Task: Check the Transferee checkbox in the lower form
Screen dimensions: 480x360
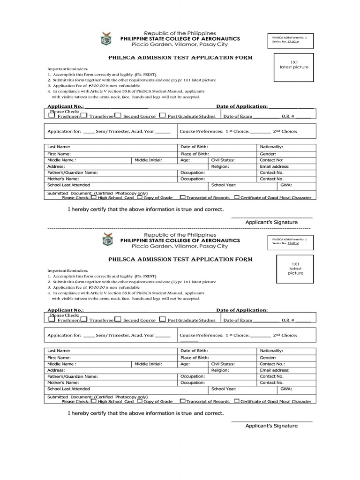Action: coord(84,319)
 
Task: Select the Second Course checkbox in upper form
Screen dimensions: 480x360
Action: coord(118,115)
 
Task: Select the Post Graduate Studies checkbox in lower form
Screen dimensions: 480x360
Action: coord(162,319)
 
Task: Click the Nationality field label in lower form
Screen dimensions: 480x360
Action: coord(271,351)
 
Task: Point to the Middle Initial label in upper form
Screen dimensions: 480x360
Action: coord(148,160)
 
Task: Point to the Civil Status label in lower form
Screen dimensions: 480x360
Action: coord(223,364)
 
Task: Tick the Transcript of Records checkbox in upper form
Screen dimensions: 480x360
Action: coord(182,197)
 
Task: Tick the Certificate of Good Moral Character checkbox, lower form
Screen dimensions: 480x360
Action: coord(237,401)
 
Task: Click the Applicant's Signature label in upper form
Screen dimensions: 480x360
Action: coord(271,222)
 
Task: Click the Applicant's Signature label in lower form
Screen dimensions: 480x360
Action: coord(271,426)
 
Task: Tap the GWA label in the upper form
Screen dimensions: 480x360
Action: coord(286,185)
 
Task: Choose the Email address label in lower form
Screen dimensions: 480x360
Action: coord(274,370)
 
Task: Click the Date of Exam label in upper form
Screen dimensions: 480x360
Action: coord(237,116)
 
